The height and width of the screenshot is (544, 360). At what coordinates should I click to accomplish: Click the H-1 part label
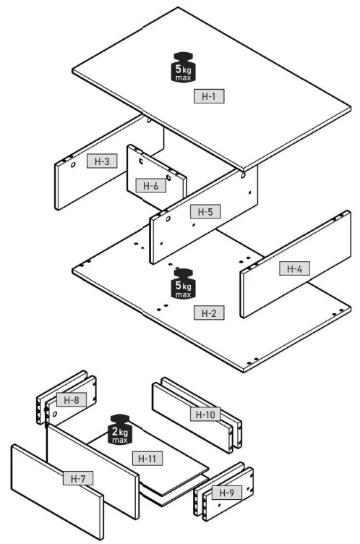[x=209, y=96]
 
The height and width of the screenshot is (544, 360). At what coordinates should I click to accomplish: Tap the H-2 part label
[x=209, y=313]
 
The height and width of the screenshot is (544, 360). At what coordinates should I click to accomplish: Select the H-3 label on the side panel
[x=102, y=161]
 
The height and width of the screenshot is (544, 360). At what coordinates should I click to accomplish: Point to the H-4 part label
[x=294, y=268]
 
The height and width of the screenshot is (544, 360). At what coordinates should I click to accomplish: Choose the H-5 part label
[x=205, y=211]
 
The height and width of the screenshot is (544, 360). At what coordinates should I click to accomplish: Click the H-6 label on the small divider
[x=151, y=186]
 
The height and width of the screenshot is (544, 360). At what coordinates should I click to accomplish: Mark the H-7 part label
[x=78, y=478]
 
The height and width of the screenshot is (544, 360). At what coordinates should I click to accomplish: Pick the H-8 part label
[x=72, y=399]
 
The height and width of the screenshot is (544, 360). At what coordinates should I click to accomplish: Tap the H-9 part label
[x=226, y=493]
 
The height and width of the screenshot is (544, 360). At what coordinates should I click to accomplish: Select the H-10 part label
[x=205, y=415]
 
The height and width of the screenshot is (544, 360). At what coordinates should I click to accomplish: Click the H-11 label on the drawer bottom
[x=147, y=459]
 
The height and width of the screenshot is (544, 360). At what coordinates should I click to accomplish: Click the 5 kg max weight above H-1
[x=183, y=67]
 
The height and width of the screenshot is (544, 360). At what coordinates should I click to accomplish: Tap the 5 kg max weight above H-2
[x=183, y=284]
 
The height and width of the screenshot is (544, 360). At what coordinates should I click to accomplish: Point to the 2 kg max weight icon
[x=120, y=429]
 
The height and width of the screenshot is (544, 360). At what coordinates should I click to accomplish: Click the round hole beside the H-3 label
[x=73, y=165]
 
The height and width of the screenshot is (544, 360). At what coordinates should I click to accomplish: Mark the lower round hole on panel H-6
[x=168, y=178]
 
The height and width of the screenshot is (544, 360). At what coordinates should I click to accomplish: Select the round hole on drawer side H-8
[x=54, y=414]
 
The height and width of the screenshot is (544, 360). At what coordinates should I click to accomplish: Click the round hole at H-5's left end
[x=168, y=219]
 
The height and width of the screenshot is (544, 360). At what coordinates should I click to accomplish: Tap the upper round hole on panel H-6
[x=141, y=161]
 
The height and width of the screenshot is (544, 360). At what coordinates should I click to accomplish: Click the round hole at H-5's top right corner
[x=243, y=176]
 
